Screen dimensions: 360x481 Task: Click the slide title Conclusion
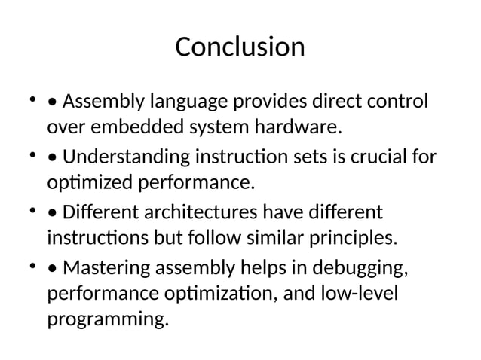pyautogui.click(x=240, y=47)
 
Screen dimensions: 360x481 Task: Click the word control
pyautogui.click(x=400, y=101)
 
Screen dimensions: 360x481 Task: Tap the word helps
pyautogui.click(x=258, y=267)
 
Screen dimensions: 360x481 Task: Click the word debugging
pyautogui.click(x=363, y=267)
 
